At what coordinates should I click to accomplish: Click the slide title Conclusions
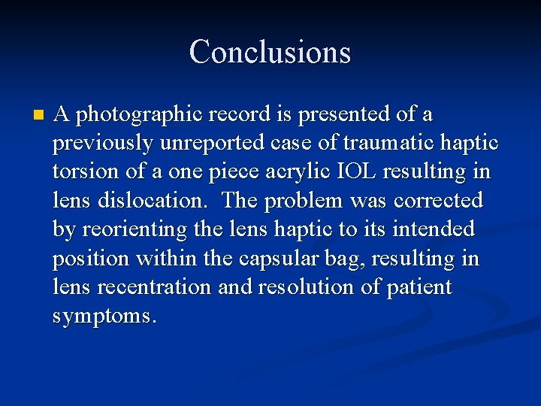(x=270, y=52)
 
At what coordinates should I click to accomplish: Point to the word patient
(x=420, y=287)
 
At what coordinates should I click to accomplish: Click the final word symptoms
(x=104, y=317)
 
